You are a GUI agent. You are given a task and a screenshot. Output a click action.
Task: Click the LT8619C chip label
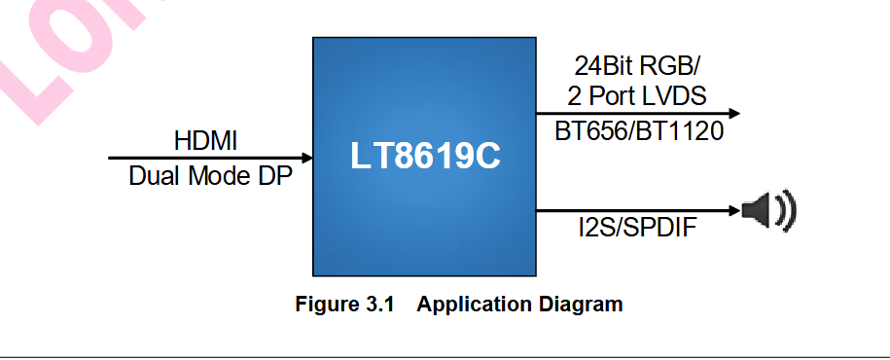coord(423,157)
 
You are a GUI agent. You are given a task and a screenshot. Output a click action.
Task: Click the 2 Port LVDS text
coord(636,96)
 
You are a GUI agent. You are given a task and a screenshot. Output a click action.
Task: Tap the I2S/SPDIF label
coord(637,229)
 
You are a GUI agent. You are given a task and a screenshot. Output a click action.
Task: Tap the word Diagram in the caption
coord(581,304)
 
